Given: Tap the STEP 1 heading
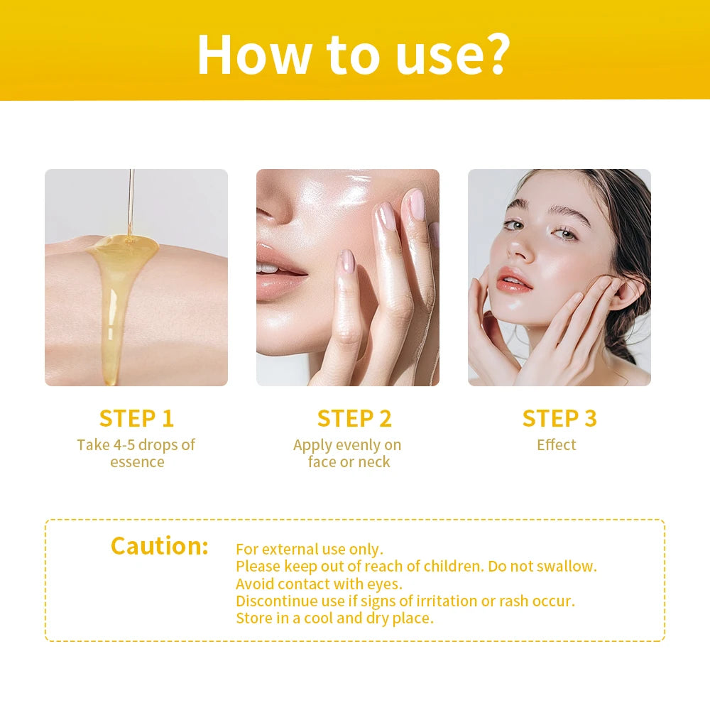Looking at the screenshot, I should click(136, 418).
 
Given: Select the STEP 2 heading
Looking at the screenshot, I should click(354, 418).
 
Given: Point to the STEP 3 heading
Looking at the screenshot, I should click(559, 418).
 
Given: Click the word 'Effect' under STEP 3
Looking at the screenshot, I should click(557, 445).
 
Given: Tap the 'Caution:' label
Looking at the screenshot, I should click(160, 546).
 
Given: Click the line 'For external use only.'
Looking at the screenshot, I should click(310, 550).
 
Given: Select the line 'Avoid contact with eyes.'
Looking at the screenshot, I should click(319, 584).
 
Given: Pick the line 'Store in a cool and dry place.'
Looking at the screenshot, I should click(334, 618).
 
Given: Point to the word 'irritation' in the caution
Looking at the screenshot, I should click(442, 601).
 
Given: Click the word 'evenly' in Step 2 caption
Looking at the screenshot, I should click(356, 445).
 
